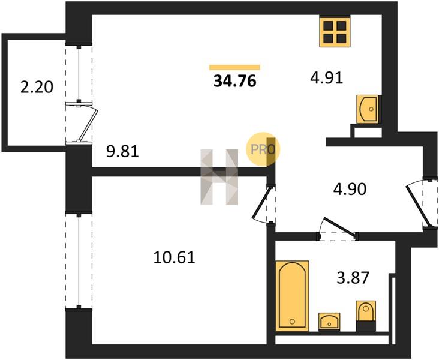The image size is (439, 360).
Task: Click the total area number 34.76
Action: [x=235, y=82]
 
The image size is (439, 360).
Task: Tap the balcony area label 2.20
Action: [x=37, y=87]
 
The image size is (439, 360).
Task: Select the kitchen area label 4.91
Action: [x=326, y=78]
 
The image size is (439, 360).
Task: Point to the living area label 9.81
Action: [x=122, y=152]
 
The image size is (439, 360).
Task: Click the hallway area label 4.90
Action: [x=350, y=189]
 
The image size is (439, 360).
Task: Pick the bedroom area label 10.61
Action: [x=174, y=257]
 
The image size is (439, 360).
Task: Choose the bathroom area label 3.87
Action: [x=353, y=278]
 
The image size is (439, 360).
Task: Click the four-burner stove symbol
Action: [x=335, y=32]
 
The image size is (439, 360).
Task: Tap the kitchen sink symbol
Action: [x=367, y=109]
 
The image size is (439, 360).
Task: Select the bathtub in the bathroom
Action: [x=292, y=296]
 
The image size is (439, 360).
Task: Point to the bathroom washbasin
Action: [x=329, y=322]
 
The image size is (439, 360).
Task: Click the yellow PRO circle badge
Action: [x=263, y=149]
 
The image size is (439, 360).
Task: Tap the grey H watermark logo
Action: [x=220, y=177]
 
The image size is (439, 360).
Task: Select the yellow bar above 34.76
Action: [x=234, y=67]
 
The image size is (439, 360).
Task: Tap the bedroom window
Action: [x=79, y=261]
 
